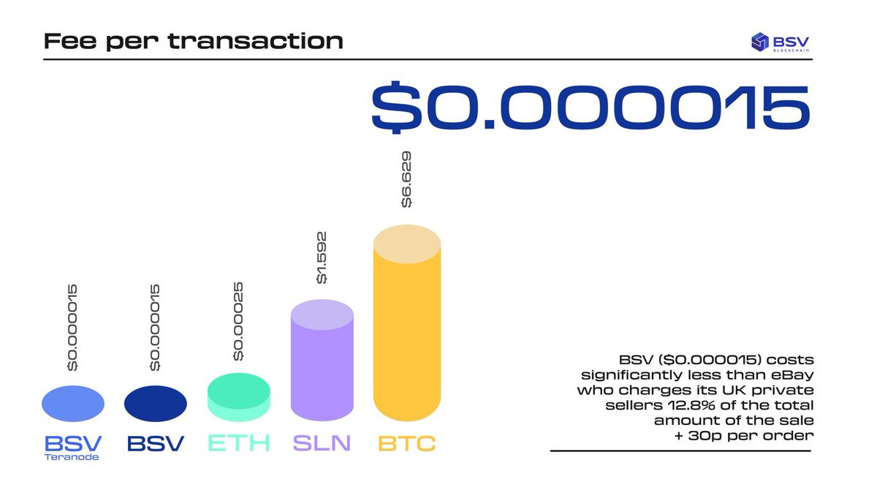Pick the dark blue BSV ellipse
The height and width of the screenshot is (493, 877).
156,404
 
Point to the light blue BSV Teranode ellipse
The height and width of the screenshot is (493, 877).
73,404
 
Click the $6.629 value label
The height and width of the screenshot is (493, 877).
406,180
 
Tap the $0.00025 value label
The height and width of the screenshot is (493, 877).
238,323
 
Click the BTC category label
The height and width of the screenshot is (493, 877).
406,443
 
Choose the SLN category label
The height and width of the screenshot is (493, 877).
322,443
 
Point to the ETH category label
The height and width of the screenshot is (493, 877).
239,443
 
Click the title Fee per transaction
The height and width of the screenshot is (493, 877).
193,40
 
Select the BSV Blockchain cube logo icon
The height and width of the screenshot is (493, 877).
761,41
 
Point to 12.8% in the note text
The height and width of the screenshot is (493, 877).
707,405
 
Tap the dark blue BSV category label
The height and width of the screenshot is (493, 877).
156,443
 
